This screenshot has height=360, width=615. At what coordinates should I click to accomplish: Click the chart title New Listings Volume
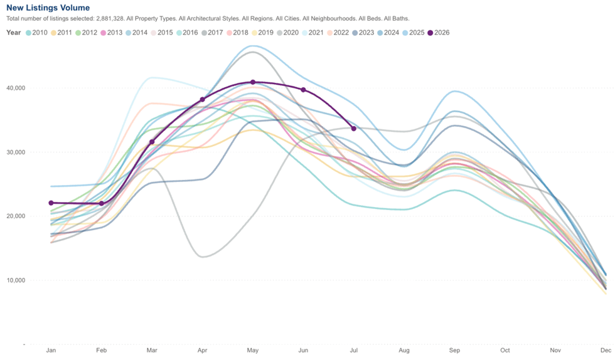[48, 8]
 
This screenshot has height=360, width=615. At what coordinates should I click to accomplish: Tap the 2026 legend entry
[439, 33]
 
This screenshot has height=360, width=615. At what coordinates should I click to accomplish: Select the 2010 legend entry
[36, 33]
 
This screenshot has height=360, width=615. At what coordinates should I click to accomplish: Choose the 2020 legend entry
[287, 33]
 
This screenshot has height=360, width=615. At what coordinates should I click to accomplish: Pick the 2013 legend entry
[112, 33]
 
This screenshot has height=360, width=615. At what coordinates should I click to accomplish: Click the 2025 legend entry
[414, 33]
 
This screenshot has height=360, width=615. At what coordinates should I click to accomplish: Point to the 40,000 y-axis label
[16, 88]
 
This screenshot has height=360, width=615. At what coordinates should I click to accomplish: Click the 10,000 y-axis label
[16, 280]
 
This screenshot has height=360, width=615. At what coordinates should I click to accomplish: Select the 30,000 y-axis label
[16, 152]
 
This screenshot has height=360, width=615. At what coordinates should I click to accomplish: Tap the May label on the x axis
[252, 350]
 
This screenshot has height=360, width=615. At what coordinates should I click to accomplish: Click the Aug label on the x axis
[404, 350]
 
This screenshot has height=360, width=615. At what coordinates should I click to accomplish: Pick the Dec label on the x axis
[606, 350]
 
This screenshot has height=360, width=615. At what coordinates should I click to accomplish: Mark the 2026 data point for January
[51, 203]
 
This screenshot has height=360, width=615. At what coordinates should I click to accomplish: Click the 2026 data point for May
[253, 82]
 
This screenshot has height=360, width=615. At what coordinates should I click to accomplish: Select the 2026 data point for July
[354, 129]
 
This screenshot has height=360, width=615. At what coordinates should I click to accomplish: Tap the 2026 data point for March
[152, 142]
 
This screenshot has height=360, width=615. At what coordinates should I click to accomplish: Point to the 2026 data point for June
[303, 90]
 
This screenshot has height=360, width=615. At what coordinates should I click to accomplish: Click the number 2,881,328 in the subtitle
[110, 18]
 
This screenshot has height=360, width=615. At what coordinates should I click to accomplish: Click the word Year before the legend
[14, 33]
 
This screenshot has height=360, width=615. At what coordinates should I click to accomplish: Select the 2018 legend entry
[237, 33]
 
